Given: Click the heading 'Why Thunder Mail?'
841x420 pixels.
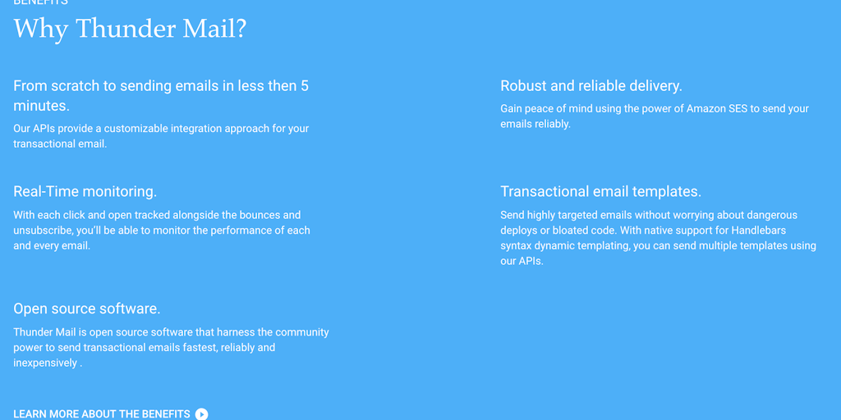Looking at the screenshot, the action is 130,29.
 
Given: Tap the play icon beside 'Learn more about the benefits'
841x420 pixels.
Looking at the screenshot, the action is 201,413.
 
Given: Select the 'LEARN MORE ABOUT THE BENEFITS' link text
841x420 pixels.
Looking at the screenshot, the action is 102,414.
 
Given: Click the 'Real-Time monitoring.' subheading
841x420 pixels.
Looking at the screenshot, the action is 85,192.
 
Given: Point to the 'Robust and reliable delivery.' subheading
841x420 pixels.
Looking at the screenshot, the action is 591,85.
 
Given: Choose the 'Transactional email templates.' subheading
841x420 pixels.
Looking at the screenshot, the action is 600,192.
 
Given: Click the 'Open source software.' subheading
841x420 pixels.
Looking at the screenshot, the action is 87,309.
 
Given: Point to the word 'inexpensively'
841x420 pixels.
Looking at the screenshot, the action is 45,363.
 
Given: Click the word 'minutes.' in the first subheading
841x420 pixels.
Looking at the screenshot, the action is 41,106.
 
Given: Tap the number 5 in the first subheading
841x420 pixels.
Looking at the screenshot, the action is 305,85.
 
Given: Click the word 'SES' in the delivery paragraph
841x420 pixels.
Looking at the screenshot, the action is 738,109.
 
